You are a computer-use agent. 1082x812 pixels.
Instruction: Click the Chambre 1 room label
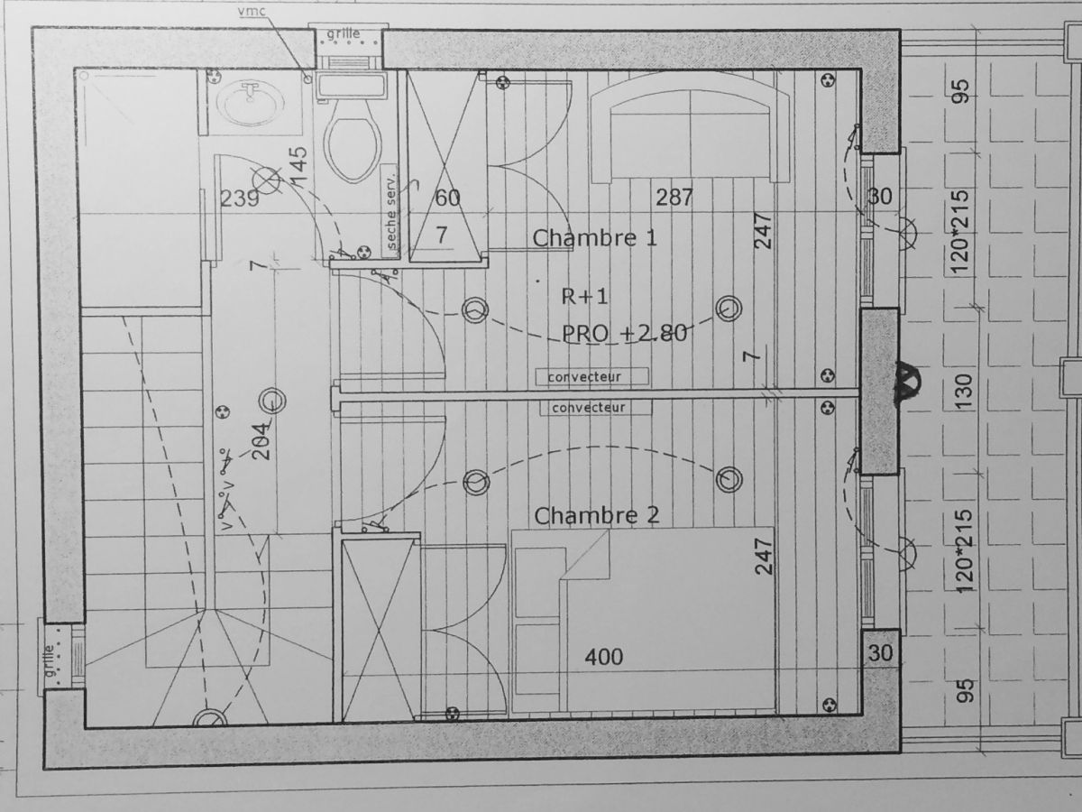coord(594,238)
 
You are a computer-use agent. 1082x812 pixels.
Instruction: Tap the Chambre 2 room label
coord(597,516)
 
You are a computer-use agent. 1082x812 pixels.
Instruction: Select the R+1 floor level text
coord(584,296)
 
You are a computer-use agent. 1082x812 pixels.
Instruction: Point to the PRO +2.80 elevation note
coord(625,334)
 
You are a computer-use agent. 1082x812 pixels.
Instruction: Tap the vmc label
coord(252,12)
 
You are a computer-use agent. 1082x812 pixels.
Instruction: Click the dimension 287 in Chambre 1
coord(674,198)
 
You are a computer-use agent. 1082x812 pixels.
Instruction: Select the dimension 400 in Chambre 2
coord(604,657)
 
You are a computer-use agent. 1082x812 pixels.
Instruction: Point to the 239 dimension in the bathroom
coord(239,198)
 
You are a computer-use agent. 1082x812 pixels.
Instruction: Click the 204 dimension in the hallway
coord(262,441)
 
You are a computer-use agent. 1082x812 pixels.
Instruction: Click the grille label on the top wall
coord(344,33)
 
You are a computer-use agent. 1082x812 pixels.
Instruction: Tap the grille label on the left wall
coord(50,656)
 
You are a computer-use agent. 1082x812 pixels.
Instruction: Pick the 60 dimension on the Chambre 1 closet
coord(447,198)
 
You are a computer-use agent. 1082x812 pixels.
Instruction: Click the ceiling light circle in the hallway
coord(272,401)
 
